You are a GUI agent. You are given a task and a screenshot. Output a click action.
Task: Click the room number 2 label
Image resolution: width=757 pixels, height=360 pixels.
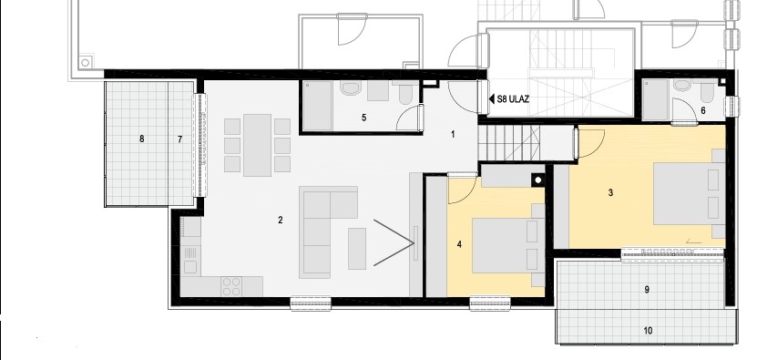click(x=280, y=220)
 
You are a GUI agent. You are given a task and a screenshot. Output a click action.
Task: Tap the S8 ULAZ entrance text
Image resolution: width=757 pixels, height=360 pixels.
click(x=513, y=99)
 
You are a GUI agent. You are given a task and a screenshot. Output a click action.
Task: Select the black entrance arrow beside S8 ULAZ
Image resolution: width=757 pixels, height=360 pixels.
click(x=492, y=99)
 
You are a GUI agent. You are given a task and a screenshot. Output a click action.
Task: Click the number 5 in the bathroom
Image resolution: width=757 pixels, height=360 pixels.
click(x=364, y=118)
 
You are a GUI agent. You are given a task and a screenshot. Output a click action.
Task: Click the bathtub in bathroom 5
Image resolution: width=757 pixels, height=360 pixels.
click(x=317, y=106)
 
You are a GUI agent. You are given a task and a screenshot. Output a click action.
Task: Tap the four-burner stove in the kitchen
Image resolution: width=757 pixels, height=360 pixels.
click(x=231, y=285)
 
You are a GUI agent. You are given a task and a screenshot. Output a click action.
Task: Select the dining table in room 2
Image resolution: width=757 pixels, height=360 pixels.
click(x=257, y=145)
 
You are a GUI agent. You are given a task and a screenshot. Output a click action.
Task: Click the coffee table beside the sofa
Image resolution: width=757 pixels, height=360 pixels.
click(x=357, y=249)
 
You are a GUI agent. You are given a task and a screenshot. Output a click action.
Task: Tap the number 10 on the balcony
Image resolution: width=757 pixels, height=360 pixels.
click(x=648, y=331)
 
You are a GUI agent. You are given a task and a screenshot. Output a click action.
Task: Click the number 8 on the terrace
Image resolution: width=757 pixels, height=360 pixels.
click(x=141, y=139)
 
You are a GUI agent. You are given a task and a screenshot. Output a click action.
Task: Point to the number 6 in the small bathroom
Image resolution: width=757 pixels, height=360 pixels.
click(x=703, y=110)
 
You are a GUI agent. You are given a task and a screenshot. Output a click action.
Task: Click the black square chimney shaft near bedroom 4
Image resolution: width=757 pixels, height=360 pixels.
click(x=538, y=180)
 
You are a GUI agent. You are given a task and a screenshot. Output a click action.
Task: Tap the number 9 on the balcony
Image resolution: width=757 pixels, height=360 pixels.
click(x=647, y=290)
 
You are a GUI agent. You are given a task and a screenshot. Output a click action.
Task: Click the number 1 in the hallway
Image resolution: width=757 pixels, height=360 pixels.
click(x=453, y=134)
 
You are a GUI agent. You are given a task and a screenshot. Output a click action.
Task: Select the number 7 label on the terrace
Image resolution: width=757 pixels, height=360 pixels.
click(x=180, y=139)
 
